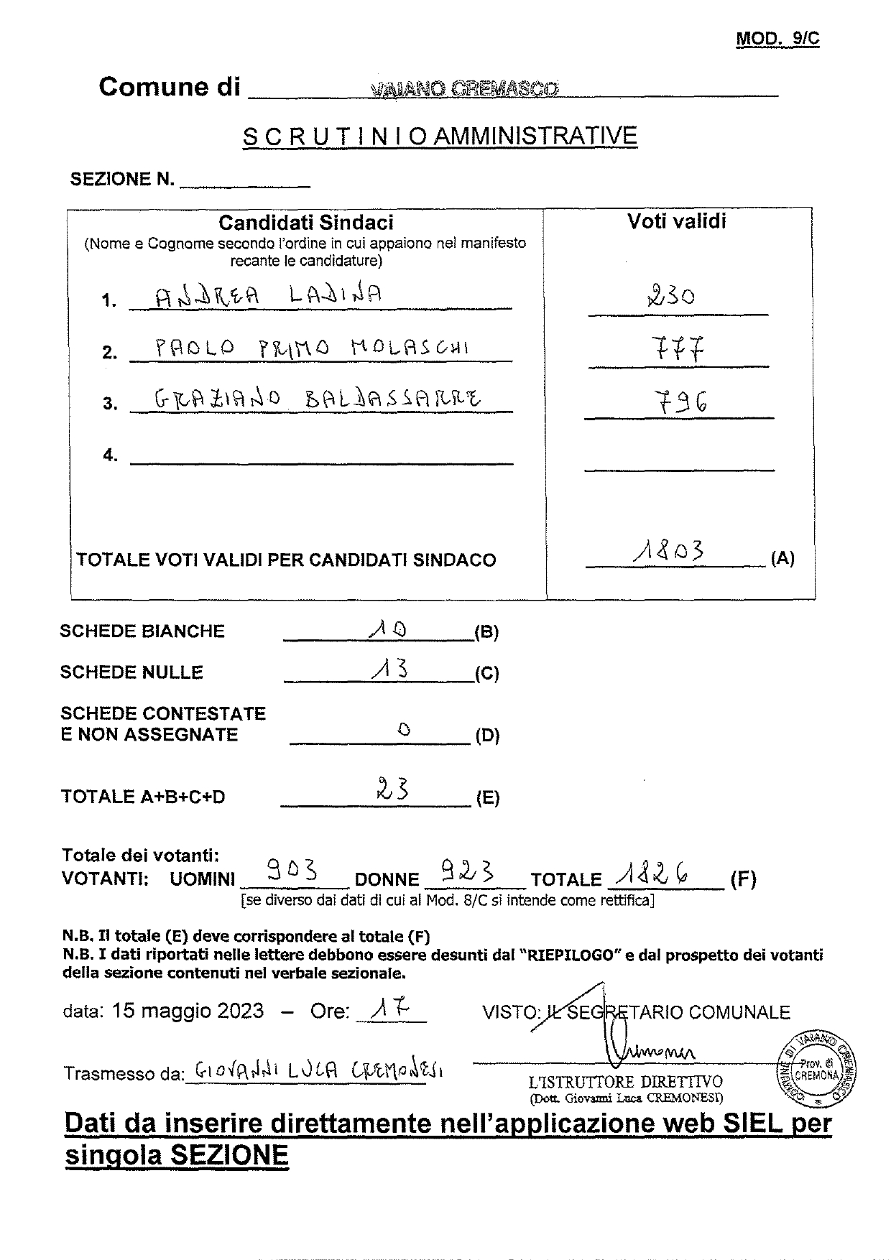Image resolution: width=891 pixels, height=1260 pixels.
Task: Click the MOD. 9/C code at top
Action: pos(777,38)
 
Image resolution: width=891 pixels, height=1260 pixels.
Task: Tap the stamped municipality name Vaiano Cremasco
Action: pos(465,89)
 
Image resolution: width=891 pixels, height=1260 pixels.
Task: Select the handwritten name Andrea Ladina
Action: pos(269,295)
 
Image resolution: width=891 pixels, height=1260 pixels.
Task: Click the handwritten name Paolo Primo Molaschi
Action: pos(313,348)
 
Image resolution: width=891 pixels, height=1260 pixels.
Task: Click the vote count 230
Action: pos(670,295)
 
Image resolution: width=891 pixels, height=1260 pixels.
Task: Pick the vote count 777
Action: pos(678,350)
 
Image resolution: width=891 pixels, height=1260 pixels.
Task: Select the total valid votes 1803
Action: pos(668,552)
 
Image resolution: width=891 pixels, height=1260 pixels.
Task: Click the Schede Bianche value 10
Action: pos(387,629)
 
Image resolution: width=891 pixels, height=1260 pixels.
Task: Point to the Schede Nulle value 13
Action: pos(390,670)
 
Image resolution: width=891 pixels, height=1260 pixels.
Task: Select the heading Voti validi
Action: pos(677,221)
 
